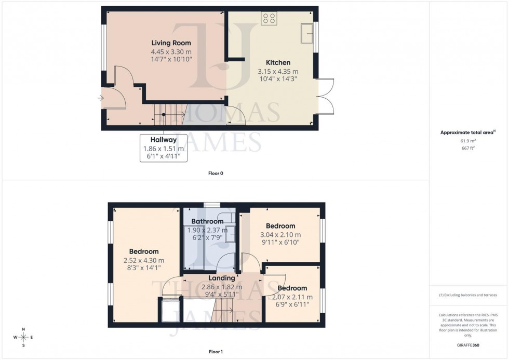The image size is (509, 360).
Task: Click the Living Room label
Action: click(171, 43)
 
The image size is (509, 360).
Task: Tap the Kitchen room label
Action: click(278, 62)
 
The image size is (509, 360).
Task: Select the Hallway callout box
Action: click(164, 148)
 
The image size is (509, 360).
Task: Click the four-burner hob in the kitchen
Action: click(270, 19)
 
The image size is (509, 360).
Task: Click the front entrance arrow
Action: click(100, 98)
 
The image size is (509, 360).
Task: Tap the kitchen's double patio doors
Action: click(326, 96)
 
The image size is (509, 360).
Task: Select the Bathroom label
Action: click(207, 221)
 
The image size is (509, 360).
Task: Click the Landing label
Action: click(222, 278)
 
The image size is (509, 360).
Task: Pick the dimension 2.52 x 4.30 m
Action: click(144, 260)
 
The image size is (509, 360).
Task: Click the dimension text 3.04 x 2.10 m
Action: click(280, 235)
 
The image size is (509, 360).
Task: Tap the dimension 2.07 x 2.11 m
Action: click(292, 297)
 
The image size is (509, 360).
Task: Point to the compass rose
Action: click(23, 337)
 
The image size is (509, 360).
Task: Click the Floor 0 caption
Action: click(215, 173)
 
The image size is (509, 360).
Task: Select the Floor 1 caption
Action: click(215, 352)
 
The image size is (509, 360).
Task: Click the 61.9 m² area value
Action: click(469, 140)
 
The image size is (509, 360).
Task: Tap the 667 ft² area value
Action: click(469, 148)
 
